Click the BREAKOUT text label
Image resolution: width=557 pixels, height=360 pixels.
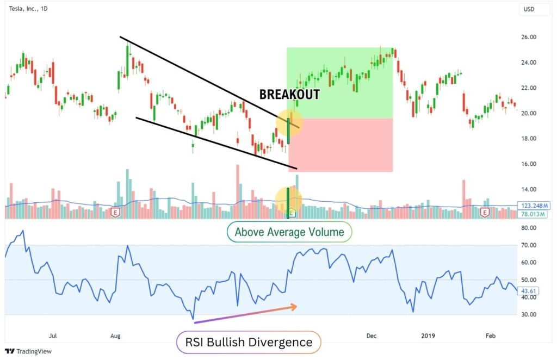pyautogui.click(x=289, y=94)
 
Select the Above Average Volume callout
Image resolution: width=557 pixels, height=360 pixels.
pyautogui.click(x=289, y=232)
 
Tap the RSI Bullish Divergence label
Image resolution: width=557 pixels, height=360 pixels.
pyautogui.click(x=249, y=342)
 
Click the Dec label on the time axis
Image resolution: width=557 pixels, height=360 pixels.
pyautogui.click(x=372, y=336)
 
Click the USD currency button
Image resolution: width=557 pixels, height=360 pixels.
pyautogui.click(x=528, y=9)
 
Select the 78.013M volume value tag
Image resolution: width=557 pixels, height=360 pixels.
pyautogui.click(x=534, y=214)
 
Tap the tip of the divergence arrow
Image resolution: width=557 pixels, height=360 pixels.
pyautogui.click(x=297, y=307)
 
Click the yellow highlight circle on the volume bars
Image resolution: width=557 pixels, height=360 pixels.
pyautogui.click(x=288, y=200)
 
